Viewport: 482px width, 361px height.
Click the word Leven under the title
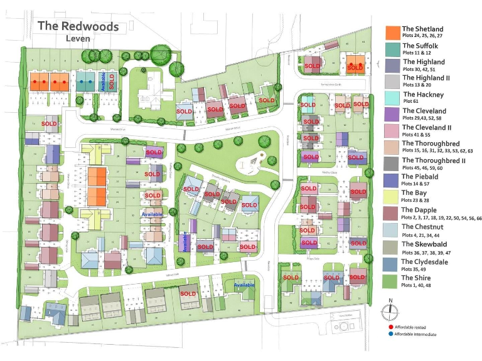78,39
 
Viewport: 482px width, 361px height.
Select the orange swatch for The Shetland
393,32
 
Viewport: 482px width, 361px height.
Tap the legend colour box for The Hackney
393,98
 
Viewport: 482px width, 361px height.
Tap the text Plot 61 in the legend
412,102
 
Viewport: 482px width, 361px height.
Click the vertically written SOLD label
112,83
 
